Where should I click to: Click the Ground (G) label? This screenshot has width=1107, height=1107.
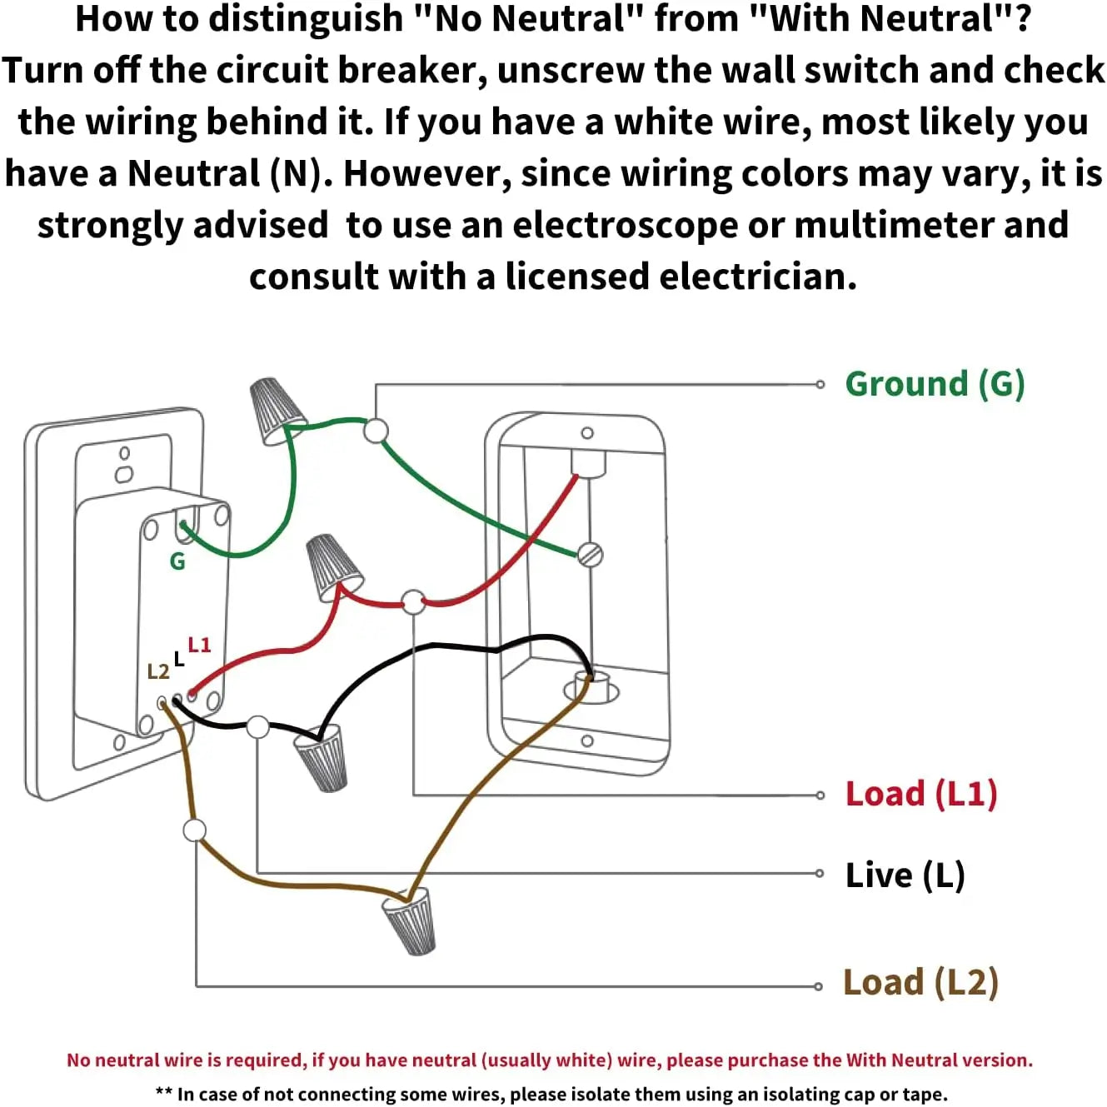pyautogui.click(x=934, y=384)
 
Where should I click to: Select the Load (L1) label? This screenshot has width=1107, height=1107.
pyautogui.click(x=920, y=794)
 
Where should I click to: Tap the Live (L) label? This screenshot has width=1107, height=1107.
pyautogui.click(x=905, y=875)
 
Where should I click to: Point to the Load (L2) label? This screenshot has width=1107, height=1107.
pyautogui.click(x=920, y=982)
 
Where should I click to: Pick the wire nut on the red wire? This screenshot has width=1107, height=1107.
pyautogui.click(x=333, y=566)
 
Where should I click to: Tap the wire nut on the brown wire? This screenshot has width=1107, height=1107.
pyautogui.click(x=410, y=920)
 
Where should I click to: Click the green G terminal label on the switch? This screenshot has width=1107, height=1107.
pyautogui.click(x=177, y=562)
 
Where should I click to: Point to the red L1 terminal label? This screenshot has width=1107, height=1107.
pyautogui.click(x=199, y=645)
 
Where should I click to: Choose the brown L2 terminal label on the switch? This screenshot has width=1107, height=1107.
pyautogui.click(x=157, y=671)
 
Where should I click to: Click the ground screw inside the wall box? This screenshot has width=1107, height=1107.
pyautogui.click(x=590, y=554)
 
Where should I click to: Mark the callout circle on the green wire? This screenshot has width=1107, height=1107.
pyautogui.click(x=376, y=431)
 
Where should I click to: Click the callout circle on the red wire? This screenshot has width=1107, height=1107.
pyautogui.click(x=413, y=601)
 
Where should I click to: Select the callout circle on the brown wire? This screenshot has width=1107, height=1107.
pyautogui.click(x=195, y=830)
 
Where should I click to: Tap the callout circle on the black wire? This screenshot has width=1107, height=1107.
pyautogui.click(x=258, y=726)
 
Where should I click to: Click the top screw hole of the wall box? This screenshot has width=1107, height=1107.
pyautogui.click(x=587, y=433)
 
